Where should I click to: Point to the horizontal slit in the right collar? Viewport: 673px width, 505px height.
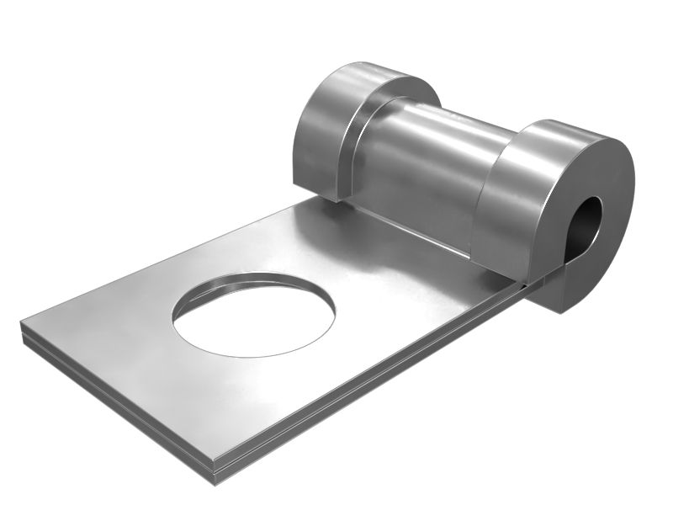[551, 275]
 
